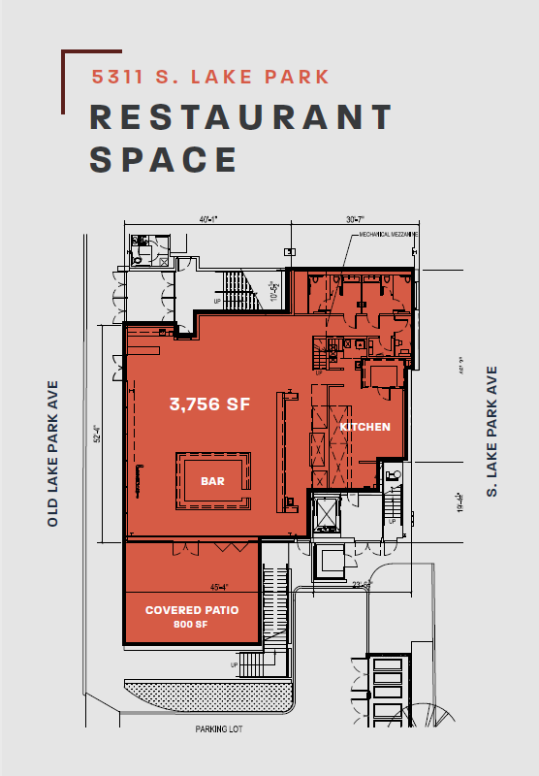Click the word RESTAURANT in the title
[x=241, y=116]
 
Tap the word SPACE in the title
[x=164, y=159]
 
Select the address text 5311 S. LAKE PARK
[x=210, y=77]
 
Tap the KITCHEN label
[x=365, y=427]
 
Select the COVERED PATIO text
[x=192, y=610]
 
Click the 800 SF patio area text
[x=192, y=625]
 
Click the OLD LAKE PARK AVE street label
[x=53, y=452]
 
